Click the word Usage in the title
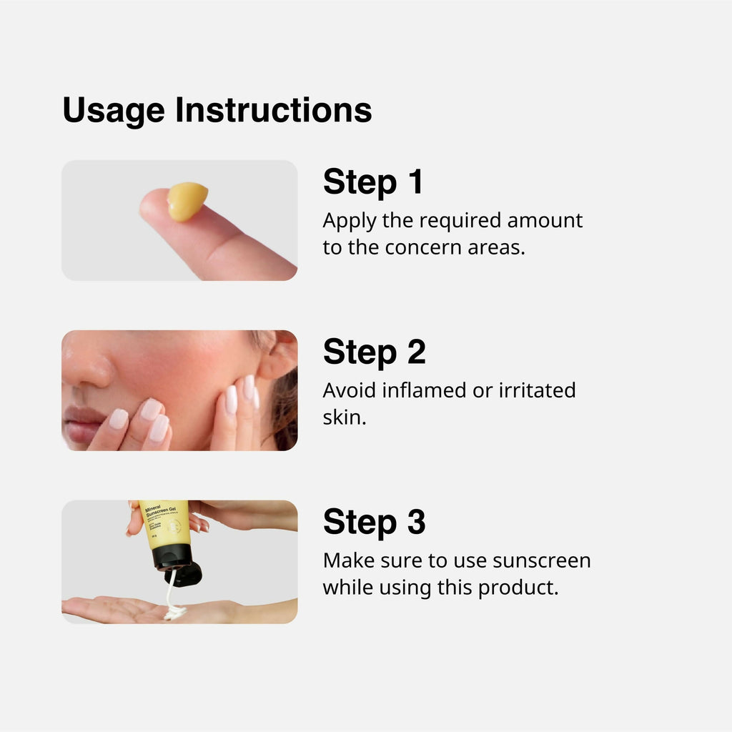[114, 112]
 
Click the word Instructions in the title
[274, 110]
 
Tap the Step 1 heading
[372, 182]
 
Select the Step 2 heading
[374, 352]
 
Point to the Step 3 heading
[374, 522]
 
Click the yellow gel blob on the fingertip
[187, 201]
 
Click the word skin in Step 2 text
[343, 417]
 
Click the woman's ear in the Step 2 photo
[277, 355]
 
